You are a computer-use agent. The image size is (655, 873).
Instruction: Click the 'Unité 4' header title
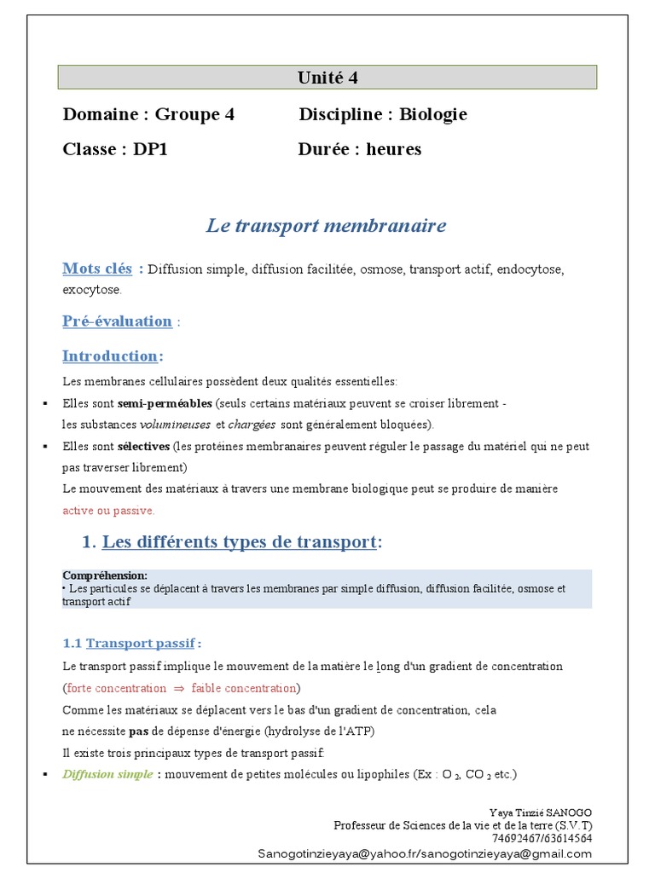(x=327, y=78)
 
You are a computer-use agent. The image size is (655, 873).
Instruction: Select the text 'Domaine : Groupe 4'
(x=148, y=114)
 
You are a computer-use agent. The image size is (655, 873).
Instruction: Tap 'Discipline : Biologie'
(x=383, y=114)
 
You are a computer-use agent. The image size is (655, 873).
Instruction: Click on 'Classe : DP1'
(x=114, y=149)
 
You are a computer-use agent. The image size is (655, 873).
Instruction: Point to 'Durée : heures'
(x=360, y=149)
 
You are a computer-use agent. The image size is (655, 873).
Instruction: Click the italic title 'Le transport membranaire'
(x=326, y=226)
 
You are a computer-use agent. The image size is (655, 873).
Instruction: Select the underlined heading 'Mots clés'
(x=97, y=269)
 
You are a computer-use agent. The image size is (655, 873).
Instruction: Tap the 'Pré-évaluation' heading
(x=117, y=321)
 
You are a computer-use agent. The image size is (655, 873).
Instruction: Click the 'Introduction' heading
(x=110, y=356)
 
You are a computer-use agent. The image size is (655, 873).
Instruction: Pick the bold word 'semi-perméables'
(x=165, y=402)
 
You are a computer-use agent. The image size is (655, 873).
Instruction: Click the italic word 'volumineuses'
(x=176, y=424)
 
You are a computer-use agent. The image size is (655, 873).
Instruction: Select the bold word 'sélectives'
(x=143, y=446)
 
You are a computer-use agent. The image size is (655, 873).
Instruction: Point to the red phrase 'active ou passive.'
(x=108, y=511)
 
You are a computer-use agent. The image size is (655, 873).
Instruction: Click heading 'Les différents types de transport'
(x=239, y=542)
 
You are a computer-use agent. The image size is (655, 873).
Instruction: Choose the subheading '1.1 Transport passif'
(x=132, y=643)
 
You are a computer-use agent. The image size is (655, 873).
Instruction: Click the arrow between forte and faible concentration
(x=179, y=688)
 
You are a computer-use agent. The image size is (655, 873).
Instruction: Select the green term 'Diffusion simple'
(x=107, y=774)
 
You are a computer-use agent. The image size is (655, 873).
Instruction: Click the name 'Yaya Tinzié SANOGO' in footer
(x=541, y=812)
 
